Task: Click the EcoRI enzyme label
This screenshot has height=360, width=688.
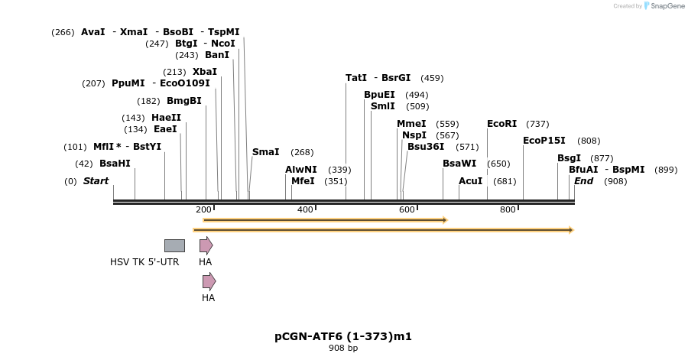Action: [x=501, y=124]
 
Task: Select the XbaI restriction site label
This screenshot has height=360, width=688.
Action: [x=204, y=72]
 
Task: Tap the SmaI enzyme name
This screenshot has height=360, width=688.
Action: [x=265, y=152]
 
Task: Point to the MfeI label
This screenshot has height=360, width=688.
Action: [x=303, y=181]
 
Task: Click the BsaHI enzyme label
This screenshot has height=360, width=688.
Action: [x=115, y=164]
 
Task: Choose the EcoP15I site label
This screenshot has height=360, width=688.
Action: [x=544, y=141]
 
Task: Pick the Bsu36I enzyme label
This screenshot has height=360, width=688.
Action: [x=425, y=147]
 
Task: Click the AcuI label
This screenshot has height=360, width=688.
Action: [x=470, y=181]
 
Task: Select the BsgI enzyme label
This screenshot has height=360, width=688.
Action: [x=569, y=158]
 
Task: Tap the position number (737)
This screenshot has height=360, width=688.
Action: [x=537, y=124]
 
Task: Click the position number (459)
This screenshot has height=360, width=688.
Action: [x=432, y=78]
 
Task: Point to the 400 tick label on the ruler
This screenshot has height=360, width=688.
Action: [x=305, y=210]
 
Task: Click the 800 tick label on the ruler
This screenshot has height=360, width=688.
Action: [x=508, y=210]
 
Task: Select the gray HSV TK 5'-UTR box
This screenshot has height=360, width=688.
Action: [x=174, y=245]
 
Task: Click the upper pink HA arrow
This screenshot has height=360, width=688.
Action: [x=206, y=245]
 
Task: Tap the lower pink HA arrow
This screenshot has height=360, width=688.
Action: [x=209, y=281]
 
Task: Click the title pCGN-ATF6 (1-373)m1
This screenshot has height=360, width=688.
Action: [x=343, y=336]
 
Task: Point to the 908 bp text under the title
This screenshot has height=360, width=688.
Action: [x=343, y=349]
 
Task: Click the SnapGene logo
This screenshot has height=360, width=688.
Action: [x=664, y=6]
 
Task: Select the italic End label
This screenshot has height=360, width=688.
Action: [x=583, y=181]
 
